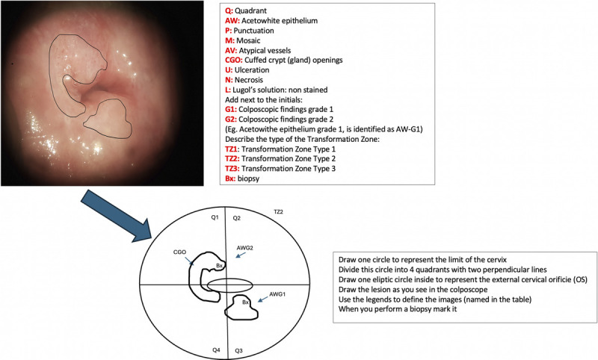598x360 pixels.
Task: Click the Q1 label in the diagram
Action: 214,218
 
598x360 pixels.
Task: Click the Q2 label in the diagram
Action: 237,218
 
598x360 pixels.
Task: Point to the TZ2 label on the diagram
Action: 279,212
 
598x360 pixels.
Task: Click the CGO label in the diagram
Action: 179,252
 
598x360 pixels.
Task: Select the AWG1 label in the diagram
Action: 278,294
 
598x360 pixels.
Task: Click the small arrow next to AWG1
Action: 261,301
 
